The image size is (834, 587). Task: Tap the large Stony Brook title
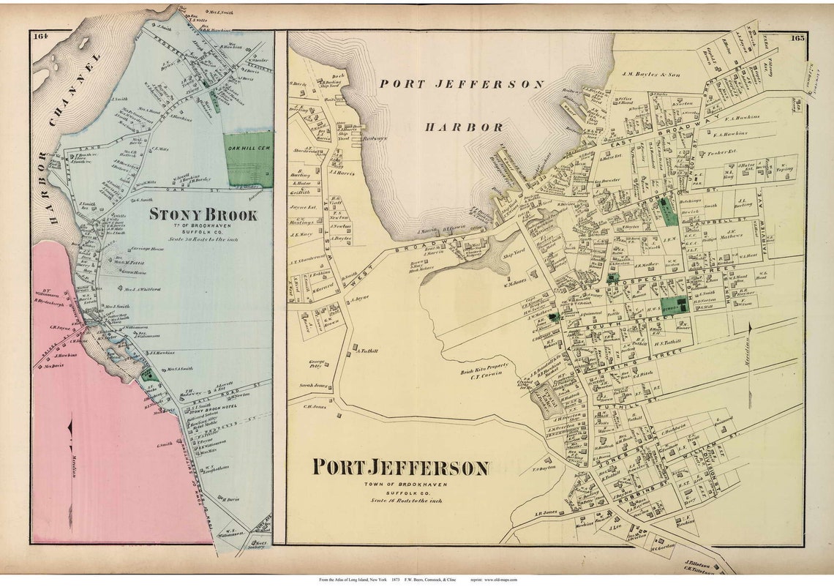point(203,215)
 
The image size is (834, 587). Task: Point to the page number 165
point(797,37)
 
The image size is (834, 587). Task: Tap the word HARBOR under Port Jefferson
point(465,127)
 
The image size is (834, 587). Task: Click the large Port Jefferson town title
point(401,468)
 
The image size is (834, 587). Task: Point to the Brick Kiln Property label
point(478,372)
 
